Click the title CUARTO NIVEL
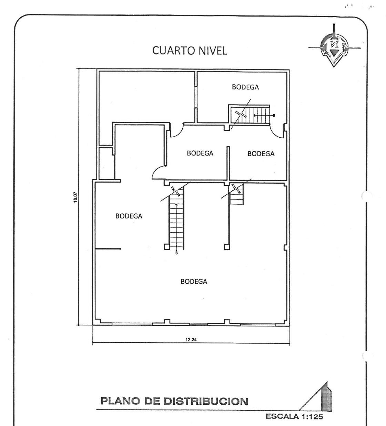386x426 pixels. pyautogui.click(x=190, y=51)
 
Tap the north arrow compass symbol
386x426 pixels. pyautogui.click(x=334, y=46)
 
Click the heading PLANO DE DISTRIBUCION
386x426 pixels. pyautogui.click(x=174, y=402)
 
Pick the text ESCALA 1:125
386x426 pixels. pyautogui.click(x=294, y=416)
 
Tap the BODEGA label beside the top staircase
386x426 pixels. pyautogui.click(x=245, y=87)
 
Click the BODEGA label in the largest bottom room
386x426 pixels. pyautogui.click(x=194, y=281)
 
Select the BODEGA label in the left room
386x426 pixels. pyautogui.click(x=129, y=216)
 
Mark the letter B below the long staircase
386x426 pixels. pyautogui.click(x=176, y=253)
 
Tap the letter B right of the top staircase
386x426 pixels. pyautogui.click(x=274, y=116)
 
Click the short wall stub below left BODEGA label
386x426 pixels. pyautogui.click(x=108, y=248)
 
